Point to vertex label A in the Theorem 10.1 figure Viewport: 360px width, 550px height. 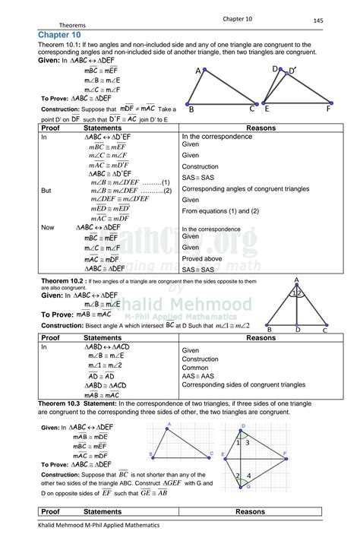point(198,71)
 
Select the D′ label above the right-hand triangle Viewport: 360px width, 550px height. point(292,72)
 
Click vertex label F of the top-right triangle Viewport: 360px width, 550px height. point(328,109)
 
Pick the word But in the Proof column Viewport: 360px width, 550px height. point(46,191)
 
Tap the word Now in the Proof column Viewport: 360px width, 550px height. point(48,227)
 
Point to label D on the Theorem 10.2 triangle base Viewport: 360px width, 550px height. point(298,330)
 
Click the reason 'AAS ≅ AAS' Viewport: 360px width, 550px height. point(200,376)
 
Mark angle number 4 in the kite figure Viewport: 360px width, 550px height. point(248,476)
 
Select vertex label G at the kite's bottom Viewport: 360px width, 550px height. point(247,487)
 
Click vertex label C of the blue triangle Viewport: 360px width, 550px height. point(210,454)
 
